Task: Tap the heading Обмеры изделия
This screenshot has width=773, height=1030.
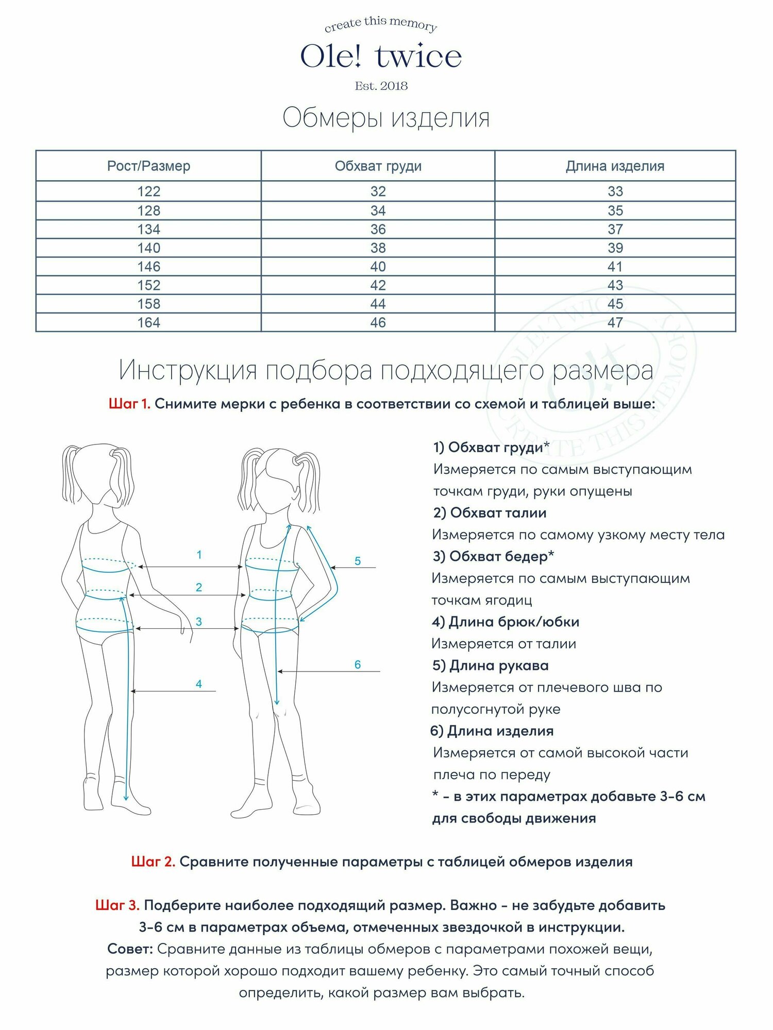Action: click(386, 118)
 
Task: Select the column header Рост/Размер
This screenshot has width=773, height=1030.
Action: click(148, 166)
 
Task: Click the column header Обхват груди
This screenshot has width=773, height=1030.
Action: click(378, 166)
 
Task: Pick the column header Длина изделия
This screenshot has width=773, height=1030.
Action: click(615, 166)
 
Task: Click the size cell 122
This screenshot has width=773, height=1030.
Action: click(148, 192)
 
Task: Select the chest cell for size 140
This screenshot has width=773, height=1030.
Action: click(378, 248)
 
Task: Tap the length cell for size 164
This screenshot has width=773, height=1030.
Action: click(615, 323)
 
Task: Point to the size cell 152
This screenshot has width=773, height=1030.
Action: click(148, 285)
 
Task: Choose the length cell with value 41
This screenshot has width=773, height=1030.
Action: click(615, 267)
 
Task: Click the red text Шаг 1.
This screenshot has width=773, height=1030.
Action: click(129, 404)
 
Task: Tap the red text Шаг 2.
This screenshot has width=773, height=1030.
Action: click(153, 862)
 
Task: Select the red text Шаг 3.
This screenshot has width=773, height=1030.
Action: click(117, 905)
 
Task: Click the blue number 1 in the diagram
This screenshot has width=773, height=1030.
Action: click(199, 555)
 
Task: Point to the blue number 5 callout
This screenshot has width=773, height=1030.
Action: click(358, 561)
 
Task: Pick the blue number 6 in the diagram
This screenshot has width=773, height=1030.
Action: click(357, 664)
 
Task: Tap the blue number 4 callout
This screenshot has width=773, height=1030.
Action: click(199, 684)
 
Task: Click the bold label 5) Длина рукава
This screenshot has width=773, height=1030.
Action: click(490, 665)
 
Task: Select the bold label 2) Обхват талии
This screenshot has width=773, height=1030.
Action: click(490, 513)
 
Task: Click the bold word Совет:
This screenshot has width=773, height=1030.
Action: click(130, 949)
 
